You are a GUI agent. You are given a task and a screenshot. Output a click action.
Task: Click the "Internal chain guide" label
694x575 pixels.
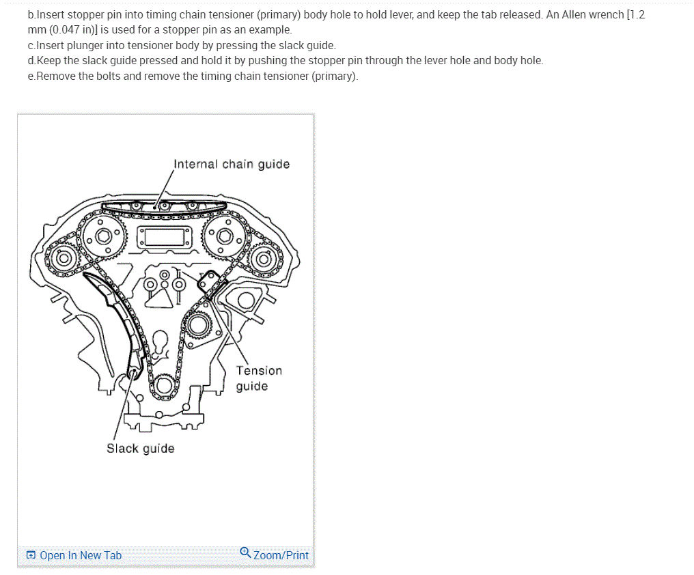pyautogui.click(x=232, y=164)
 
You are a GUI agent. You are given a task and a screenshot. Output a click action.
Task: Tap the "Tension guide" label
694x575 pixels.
pyautogui.click(x=258, y=378)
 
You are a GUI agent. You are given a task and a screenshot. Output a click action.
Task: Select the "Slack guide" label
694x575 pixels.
pyautogui.click(x=140, y=449)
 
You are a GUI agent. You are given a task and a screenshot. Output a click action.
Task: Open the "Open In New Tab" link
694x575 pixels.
pyautogui.click(x=81, y=555)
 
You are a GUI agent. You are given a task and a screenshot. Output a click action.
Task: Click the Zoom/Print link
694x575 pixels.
pyautogui.click(x=281, y=555)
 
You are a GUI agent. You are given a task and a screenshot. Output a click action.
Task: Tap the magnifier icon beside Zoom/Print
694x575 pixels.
pyautogui.click(x=245, y=552)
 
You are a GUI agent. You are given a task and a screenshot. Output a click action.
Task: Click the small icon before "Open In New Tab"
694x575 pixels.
pyautogui.click(x=31, y=555)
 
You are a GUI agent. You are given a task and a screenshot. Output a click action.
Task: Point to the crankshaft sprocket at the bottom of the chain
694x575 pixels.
pyautogui.click(x=164, y=386)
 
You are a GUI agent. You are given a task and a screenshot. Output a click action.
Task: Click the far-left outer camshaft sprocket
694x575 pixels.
pyautogui.click(x=63, y=258)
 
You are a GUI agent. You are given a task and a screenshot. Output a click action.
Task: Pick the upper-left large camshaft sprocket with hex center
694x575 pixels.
pyautogui.click(x=103, y=237)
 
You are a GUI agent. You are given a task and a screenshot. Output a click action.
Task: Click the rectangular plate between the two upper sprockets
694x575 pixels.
pyautogui.click(x=164, y=237)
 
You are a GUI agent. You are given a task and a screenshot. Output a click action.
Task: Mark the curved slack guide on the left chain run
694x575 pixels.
pyautogui.click(x=120, y=321)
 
